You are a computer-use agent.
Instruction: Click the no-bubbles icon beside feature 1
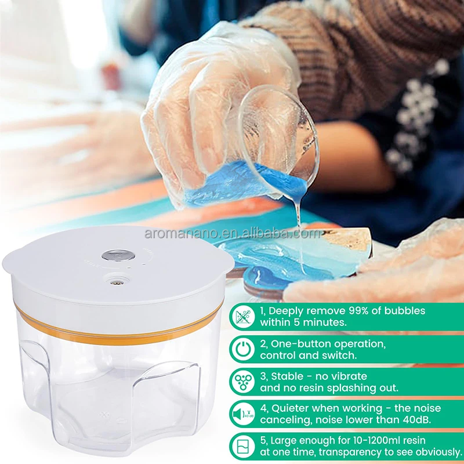click(x=241, y=317)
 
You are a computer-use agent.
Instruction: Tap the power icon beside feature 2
click(x=241, y=350)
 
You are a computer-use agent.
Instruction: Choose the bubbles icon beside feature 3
click(x=241, y=382)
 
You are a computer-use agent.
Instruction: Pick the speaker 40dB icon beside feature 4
click(x=241, y=415)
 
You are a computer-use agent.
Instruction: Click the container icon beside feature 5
click(x=241, y=447)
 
